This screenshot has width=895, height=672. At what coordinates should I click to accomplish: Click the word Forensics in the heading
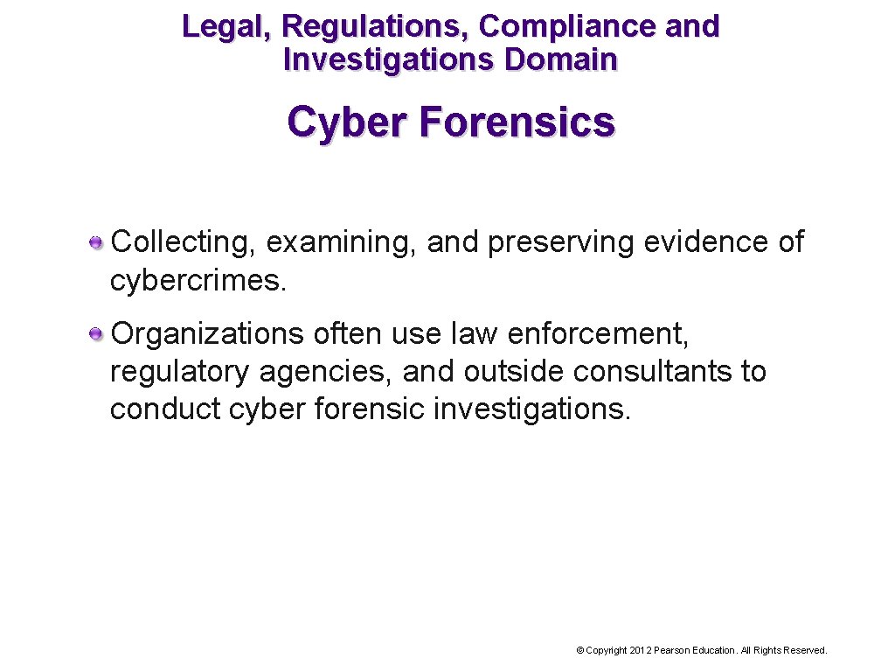(x=517, y=122)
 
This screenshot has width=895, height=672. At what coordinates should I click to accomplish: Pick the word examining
(x=342, y=242)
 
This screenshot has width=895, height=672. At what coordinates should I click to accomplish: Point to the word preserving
(x=561, y=242)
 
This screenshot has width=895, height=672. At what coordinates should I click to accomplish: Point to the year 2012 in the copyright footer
(x=640, y=650)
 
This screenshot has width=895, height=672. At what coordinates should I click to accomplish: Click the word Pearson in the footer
(x=672, y=650)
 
